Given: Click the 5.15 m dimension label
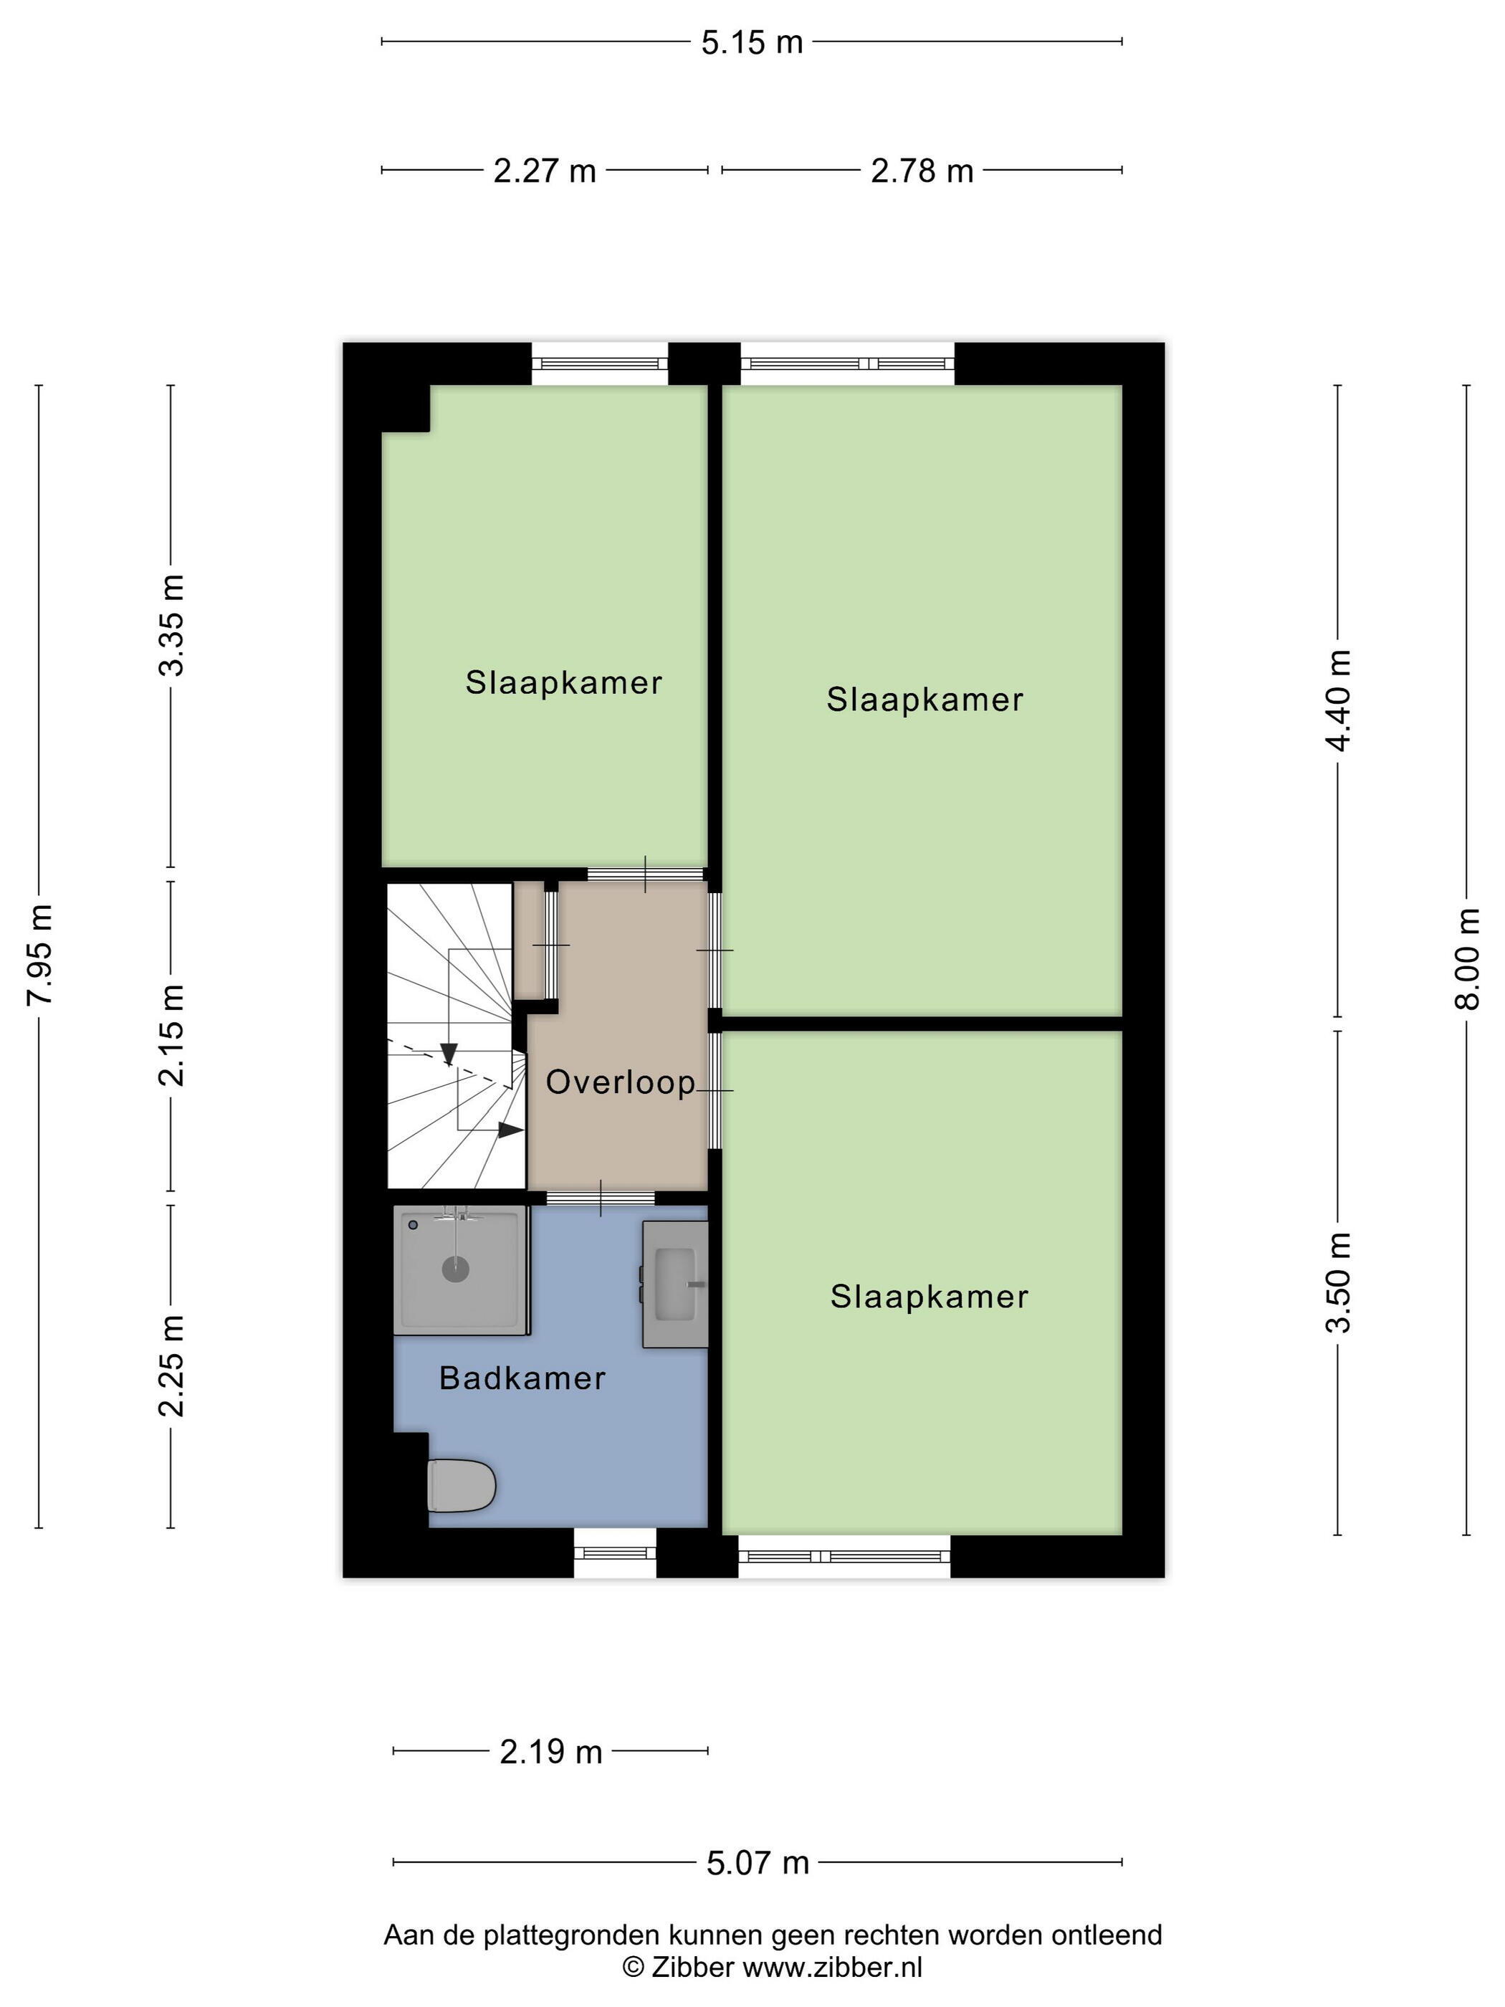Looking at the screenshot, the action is point(752,42).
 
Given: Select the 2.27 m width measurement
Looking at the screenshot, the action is point(544,171).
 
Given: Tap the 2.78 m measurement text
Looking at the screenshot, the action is point(922,171).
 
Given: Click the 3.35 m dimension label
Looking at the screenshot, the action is point(171,625).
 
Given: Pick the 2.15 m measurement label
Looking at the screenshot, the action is point(171,1035).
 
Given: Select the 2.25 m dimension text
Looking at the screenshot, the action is point(171,1365).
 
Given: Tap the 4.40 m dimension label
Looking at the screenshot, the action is point(1338,700).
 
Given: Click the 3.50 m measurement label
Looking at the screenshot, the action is point(1338,1282).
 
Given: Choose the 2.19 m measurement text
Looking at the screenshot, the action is point(550,1752).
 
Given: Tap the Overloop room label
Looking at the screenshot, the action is point(621,1082).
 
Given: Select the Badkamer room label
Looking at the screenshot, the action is point(522,1378).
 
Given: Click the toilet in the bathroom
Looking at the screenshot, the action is point(460,1485).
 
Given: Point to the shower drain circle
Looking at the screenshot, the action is point(455,1269).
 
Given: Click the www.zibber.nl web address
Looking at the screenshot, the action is point(833,1967).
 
